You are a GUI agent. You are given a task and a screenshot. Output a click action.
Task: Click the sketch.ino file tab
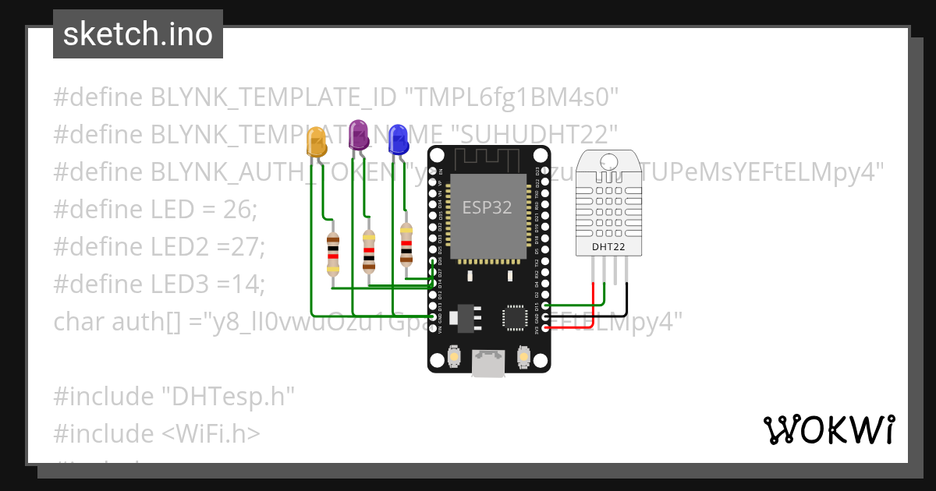pyautogui.click(x=138, y=34)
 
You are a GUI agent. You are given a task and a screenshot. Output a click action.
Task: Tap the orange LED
pyautogui.click(x=316, y=143)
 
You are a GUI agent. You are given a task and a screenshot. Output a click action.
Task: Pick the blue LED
pyautogui.click(x=398, y=139)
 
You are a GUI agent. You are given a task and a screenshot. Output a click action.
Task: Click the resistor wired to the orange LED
pyautogui.click(x=333, y=254)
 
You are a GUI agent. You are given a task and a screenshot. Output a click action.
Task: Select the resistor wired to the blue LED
pyautogui.click(x=406, y=244)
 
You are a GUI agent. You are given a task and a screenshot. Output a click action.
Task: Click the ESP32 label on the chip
pyautogui.click(x=487, y=207)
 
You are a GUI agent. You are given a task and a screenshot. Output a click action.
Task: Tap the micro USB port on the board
pyautogui.click(x=489, y=362)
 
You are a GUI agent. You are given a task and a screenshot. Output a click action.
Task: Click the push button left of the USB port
pyautogui.click(x=454, y=358)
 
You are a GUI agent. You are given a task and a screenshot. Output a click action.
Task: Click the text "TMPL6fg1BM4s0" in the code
pyautogui.click(x=511, y=97)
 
